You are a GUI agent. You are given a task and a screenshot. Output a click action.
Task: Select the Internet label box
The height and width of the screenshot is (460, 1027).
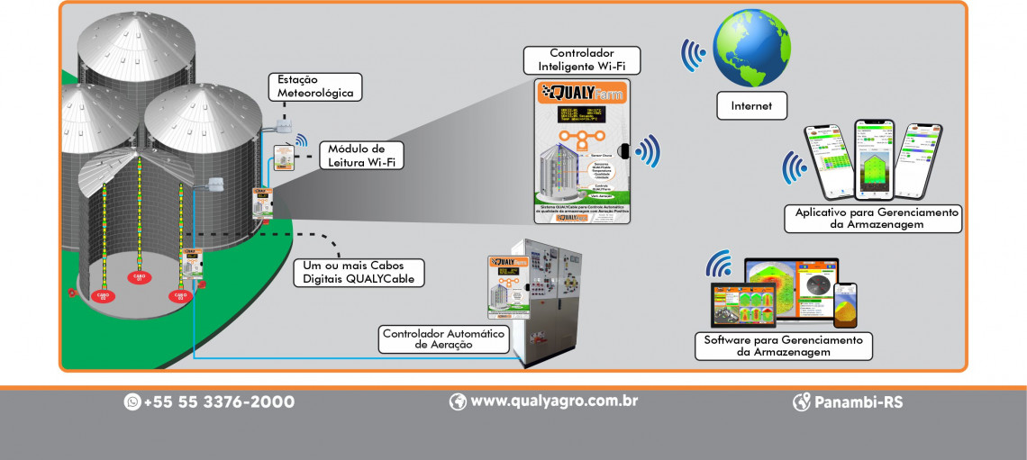point(751,106)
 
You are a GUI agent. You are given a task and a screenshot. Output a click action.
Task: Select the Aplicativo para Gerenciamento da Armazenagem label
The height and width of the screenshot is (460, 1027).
point(873,218)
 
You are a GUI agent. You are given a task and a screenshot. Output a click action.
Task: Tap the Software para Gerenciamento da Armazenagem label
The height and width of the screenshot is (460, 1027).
point(783,346)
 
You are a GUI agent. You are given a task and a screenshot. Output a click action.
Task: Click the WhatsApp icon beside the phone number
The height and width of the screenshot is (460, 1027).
point(132,401)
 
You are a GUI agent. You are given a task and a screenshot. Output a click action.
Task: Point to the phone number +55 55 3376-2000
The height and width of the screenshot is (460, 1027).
point(218,401)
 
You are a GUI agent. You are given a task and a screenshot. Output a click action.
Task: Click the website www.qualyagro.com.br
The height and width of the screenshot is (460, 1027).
point(553,401)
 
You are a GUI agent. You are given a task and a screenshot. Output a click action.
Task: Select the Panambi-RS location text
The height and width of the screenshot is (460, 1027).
point(858,401)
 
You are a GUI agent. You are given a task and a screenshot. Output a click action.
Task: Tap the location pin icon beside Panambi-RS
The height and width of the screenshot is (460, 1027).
point(801,401)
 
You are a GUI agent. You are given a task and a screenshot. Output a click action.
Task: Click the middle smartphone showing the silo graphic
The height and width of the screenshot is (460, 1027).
point(871,160)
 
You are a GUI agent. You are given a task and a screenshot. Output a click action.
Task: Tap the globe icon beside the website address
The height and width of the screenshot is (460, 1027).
point(458,401)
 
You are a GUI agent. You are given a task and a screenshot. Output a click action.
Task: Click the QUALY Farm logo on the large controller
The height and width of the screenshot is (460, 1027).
point(581,94)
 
